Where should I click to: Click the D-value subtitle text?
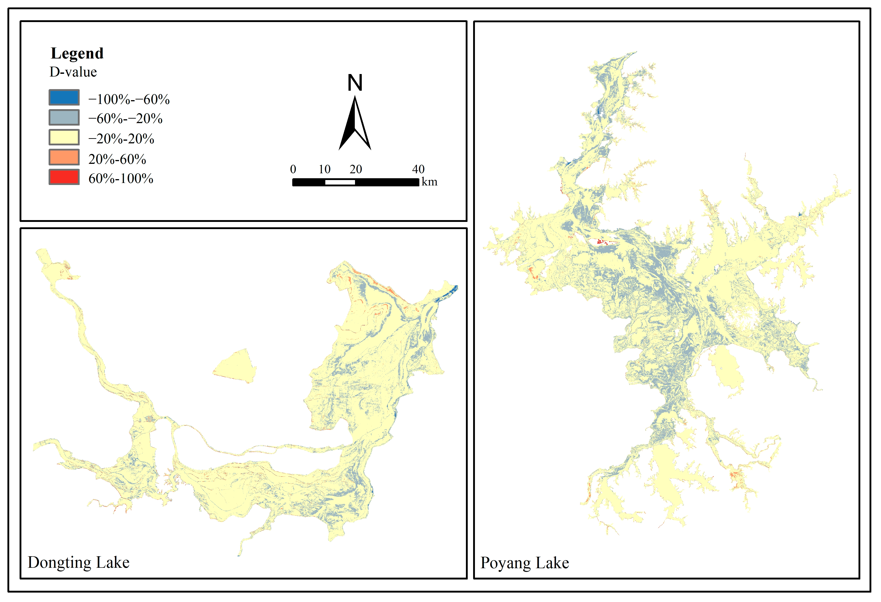click(73, 72)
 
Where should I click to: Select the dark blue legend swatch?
click(64, 97)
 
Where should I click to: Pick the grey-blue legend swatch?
click(64, 117)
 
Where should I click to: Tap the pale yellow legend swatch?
click(64, 137)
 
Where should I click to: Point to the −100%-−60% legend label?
click(129, 99)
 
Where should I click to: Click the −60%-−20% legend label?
click(125, 119)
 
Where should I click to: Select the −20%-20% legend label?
click(121, 139)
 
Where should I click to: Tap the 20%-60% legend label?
click(117, 159)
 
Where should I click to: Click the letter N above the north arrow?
click(355, 83)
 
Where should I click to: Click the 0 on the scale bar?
click(293, 169)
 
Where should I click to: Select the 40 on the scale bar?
click(418, 169)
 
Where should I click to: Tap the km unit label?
click(429, 182)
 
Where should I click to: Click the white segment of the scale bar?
click(340, 182)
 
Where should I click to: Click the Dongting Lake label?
click(79, 562)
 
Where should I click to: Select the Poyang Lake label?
click(525, 563)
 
